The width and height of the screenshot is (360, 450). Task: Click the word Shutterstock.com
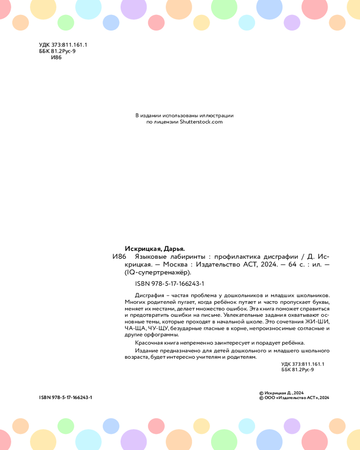[x=201, y=121]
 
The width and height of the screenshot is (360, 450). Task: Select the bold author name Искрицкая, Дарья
[x=154, y=248]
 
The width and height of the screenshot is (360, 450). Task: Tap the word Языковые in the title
[x=151, y=256]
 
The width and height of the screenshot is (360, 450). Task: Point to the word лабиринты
[x=187, y=256]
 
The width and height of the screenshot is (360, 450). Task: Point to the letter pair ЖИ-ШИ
[x=316, y=322]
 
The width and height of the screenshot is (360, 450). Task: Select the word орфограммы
[x=162, y=335]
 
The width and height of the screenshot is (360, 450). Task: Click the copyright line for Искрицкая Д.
[x=282, y=393]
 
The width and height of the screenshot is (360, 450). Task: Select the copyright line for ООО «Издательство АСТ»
[x=295, y=398]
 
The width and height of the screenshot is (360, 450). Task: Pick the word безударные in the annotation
[x=188, y=328]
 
